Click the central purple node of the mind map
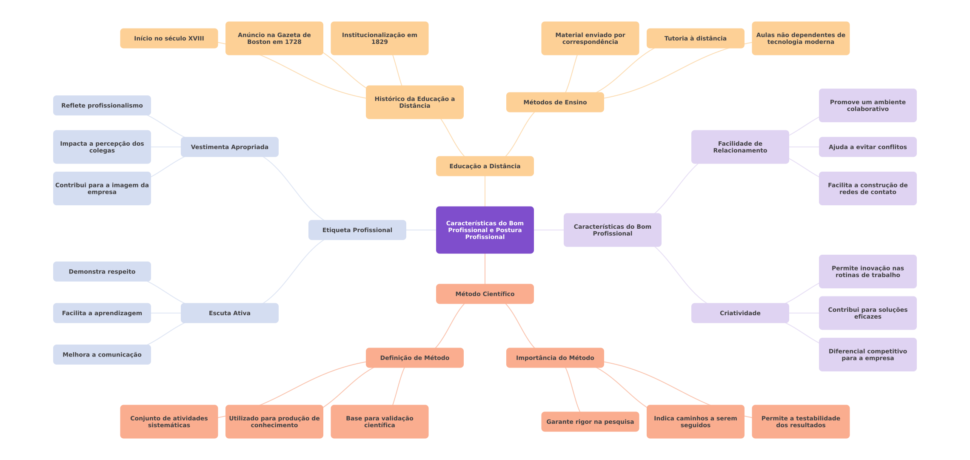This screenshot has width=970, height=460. pyautogui.click(x=485, y=230)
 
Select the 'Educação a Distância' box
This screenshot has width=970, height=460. pyautogui.click(x=485, y=166)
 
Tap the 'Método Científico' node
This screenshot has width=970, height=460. pyautogui.click(x=485, y=294)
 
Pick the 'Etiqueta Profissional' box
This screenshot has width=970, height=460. pyautogui.click(x=357, y=230)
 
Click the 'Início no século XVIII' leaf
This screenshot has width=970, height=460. pyautogui.click(x=169, y=38)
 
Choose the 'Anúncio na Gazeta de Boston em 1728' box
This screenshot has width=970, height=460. pyautogui.click(x=274, y=38)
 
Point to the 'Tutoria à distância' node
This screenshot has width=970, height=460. pyautogui.click(x=695, y=38)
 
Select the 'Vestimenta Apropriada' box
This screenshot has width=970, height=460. pyautogui.click(x=229, y=147)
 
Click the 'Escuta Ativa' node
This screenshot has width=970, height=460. pyautogui.click(x=229, y=313)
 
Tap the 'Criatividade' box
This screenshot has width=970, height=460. pyautogui.click(x=740, y=313)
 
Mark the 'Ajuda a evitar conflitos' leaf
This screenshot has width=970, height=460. pyautogui.click(x=867, y=147)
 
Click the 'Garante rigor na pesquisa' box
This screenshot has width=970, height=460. pyautogui.click(x=590, y=422)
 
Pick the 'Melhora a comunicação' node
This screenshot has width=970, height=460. pyautogui.click(x=102, y=354)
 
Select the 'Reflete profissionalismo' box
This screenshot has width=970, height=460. pyautogui.click(x=102, y=105)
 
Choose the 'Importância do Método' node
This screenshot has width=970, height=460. pyautogui.click(x=555, y=358)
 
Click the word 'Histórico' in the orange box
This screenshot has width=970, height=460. pyautogui.click(x=389, y=99)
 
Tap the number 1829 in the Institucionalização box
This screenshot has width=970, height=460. pyautogui.click(x=379, y=42)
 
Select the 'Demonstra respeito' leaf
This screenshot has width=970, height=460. pyautogui.click(x=102, y=271)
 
